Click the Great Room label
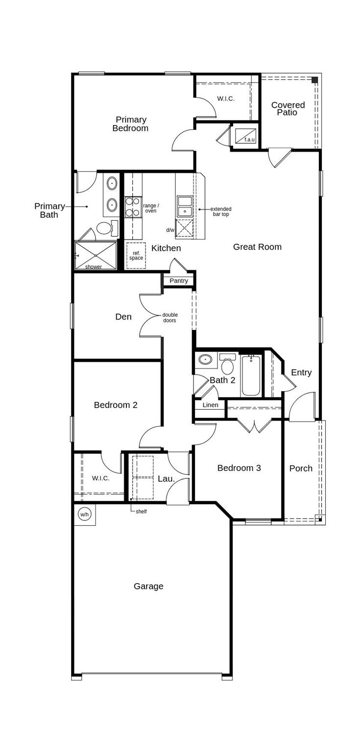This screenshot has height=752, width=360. click(257, 247)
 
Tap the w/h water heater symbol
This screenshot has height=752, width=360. click(84, 515)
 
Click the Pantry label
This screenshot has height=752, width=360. click(179, 281)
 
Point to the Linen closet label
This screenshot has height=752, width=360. click(210, 405)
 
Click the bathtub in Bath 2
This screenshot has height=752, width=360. click(251, 376)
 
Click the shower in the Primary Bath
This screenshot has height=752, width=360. click(96, 255)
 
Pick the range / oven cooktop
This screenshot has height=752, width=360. click(133, 207)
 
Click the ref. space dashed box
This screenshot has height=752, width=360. click(136, 255)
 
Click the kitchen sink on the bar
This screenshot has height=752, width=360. click(185, 206)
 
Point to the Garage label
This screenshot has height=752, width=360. click(148, 586)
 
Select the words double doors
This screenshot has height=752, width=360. click(170, 318)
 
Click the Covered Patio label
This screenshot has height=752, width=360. click(288, 109)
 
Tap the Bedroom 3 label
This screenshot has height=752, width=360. click(239, 468)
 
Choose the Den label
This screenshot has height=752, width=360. click(123, 317)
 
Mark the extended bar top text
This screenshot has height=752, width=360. click(221, 211)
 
